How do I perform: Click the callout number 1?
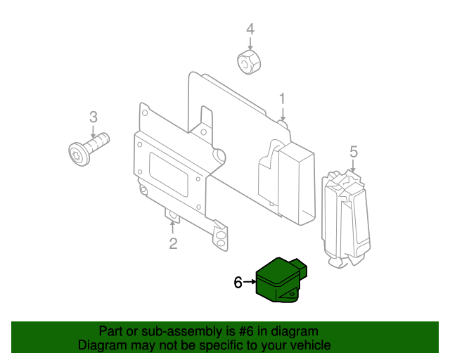tap(282, 98)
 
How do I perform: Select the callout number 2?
tap(173, 244)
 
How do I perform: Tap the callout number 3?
tap(92, 117)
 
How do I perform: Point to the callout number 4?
tap(249, 29)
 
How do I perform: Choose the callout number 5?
tap(354, 151)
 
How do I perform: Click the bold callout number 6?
tap(238, 283)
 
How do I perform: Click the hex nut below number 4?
tap(247, 62)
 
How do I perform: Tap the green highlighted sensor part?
tap(281, 282)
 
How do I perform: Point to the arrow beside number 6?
tap(250, 283)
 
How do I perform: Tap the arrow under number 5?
tap(354, 166)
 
